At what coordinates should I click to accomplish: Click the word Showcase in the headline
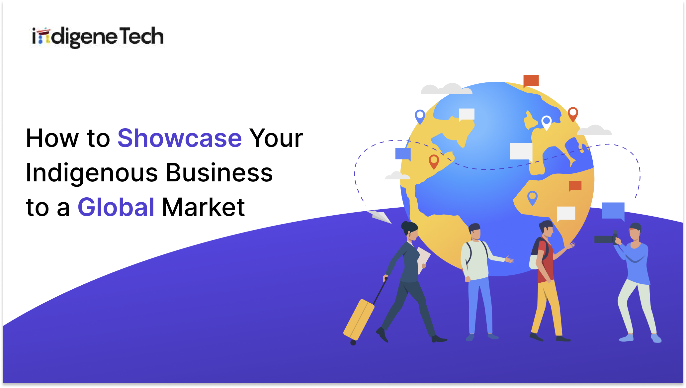pyautogui.click(x=180, y=138)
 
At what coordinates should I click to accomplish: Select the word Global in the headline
pyautogui.click(x=116, y=207)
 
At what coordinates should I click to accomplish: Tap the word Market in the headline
pyautogui.click(x=203, y=207)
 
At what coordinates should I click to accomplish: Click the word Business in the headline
pyautogui.click(x=219, y=173)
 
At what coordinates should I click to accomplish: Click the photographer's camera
pyautogui.click(x=605, y=239)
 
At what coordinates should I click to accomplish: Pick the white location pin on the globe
pyautogui.click(x=546, y=122)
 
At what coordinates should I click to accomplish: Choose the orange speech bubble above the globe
pyautogui.click(x=531, y=81)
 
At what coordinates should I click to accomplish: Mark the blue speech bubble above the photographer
pyautogui.click(x=613, y=211)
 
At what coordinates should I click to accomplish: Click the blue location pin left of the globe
pyautogui.click(x=420, y=116)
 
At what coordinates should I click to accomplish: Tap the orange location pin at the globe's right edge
pyautogui.click(x=573, y=114)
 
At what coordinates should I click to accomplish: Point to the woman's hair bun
pyautogui.click(x=405, y=225)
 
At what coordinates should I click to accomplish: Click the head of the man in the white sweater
pyautogui.click(x=475, y=231)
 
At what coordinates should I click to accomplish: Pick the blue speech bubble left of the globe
pyautogui.click(x=403, y=154)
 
